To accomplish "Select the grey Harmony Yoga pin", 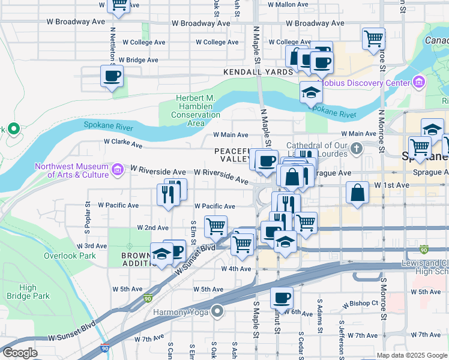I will [x=217, y=311].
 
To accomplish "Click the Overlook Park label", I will [x=70, y=255].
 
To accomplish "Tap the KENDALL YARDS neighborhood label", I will [x=258, y=71].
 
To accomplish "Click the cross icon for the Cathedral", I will [x=356, y=148].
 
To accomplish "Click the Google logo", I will [x=20, y=353].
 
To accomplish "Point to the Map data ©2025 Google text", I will [x=411, y=355].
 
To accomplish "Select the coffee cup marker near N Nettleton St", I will [x=112, y=77].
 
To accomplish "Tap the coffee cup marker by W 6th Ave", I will [x=281, y=297].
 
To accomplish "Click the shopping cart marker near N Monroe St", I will [x=373, y=39].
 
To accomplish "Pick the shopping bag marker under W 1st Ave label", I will [x=357, y=193].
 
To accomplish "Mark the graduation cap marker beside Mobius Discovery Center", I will [x=310, y=93].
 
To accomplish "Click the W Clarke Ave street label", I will [x=122, y=143].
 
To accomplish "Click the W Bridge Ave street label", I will [x=138, y=60].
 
